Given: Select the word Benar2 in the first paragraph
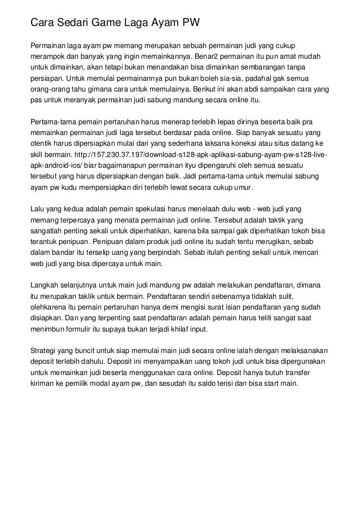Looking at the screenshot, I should click(x=208, y=56).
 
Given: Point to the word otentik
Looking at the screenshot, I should click(x=42, y=143).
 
